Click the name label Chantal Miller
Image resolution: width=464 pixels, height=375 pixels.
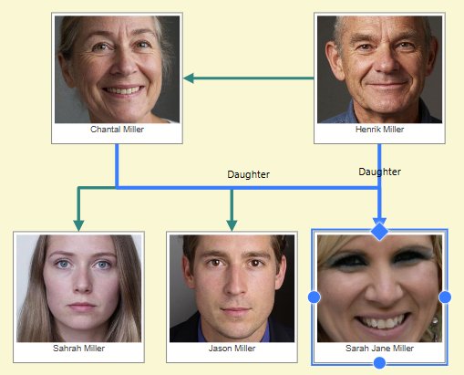pos(117,130)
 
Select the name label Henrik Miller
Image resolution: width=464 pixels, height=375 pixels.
pos(379,130)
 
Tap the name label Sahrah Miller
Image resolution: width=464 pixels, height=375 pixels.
pos(78,348)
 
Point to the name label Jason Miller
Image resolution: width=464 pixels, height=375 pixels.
pos(232,348)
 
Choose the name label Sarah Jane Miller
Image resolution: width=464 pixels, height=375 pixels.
pos(379,348)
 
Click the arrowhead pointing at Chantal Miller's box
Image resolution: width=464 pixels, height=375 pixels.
pos(189,78)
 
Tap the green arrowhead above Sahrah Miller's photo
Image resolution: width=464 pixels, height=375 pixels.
pos(78,225)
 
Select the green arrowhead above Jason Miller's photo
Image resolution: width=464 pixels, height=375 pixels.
pos(232,225)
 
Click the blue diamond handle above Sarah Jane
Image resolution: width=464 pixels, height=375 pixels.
pos(379,232)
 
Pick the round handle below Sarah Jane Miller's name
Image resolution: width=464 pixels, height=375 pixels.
pos(379,363)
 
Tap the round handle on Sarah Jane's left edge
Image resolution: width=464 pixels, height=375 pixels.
pos(314,297)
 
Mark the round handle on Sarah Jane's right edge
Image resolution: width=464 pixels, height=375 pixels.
pos(445,297)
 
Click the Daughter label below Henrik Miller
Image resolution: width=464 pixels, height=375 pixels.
pos(379,172)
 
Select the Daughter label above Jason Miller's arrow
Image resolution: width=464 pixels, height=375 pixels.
pos(249,174)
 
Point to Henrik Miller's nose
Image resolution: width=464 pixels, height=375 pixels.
pos(386,61)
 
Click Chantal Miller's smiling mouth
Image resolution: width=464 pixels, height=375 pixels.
pos(123,90)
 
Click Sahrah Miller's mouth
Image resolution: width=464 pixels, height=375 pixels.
pos(81,306)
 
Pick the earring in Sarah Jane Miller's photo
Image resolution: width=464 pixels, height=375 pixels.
pos(435,320)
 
